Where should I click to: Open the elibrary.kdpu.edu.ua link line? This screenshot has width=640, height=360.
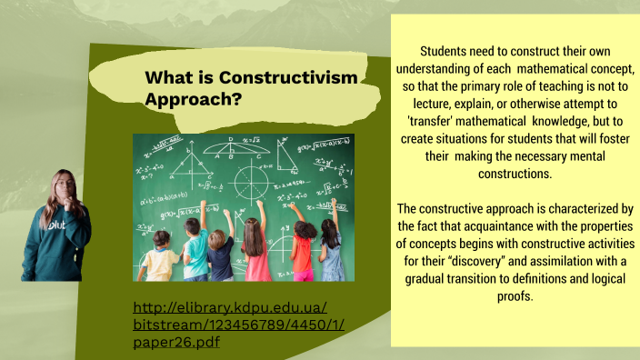[x=229, y=307]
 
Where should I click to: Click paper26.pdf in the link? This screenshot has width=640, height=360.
[x=175, y=342]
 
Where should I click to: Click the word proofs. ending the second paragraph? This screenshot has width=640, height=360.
[x=514, y=297]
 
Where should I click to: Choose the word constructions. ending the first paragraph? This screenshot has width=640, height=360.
[x=514, y=172]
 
